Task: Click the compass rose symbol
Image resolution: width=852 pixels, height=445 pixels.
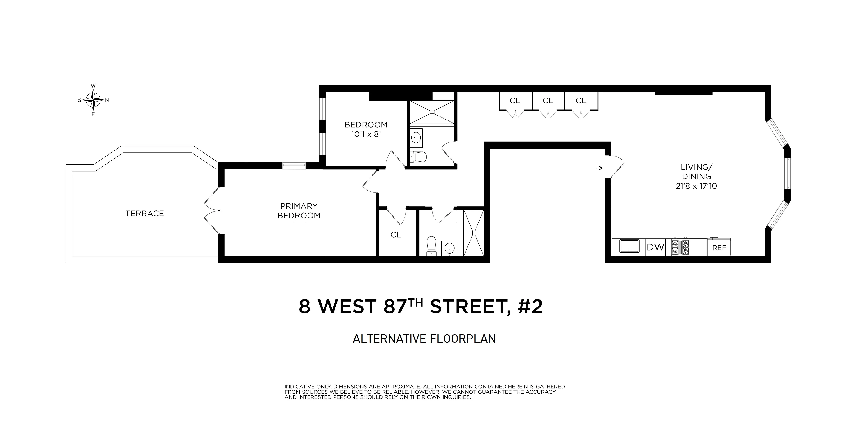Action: (x=93, y=100)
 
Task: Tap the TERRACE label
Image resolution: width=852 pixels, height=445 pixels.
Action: (x=145, y=214)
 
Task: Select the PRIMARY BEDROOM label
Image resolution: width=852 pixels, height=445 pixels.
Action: (x=299, y=211)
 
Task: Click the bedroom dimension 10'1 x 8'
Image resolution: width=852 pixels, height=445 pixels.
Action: (x=366, y=134)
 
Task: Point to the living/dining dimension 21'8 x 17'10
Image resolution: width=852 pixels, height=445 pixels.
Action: (x=696, y=186)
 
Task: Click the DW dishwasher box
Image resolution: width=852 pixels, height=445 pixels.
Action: (x=655, y=247)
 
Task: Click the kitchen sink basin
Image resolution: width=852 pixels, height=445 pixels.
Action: (x=629, y=246)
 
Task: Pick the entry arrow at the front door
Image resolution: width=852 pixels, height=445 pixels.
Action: (x=599, y=168)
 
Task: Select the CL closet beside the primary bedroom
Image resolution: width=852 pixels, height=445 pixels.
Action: (x=396, y=235)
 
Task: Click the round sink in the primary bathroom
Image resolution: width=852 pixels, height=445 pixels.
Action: (x=449, y=248)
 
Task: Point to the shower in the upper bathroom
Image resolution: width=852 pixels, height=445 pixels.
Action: (x=432, y=112)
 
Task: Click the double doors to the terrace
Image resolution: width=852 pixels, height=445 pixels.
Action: (x=212, y=210)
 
